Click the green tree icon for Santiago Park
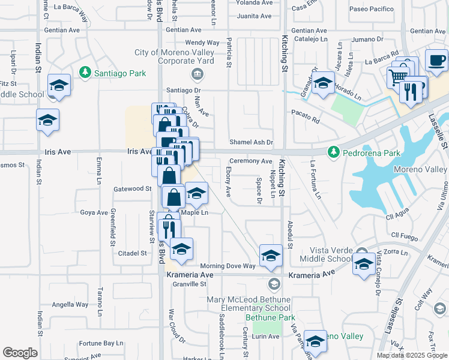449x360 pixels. click(x=85, y=73)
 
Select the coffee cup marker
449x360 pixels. click(x=437, y=61)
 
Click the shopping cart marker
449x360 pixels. click(x=397, y=77)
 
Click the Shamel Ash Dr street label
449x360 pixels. click(x=252, y=142)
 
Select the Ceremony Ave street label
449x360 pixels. click(x=251, y=161)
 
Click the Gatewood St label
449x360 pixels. click(x=132, y=188)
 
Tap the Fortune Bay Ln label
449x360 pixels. click(x=99, y=343)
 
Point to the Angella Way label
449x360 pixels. click(x=70, y=304)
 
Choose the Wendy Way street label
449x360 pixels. click(x=202, y=43)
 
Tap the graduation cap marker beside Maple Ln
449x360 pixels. click(x=196, y=194)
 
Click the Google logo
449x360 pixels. click(x=20, y=353)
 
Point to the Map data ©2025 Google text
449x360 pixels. click(x=411, y=355)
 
